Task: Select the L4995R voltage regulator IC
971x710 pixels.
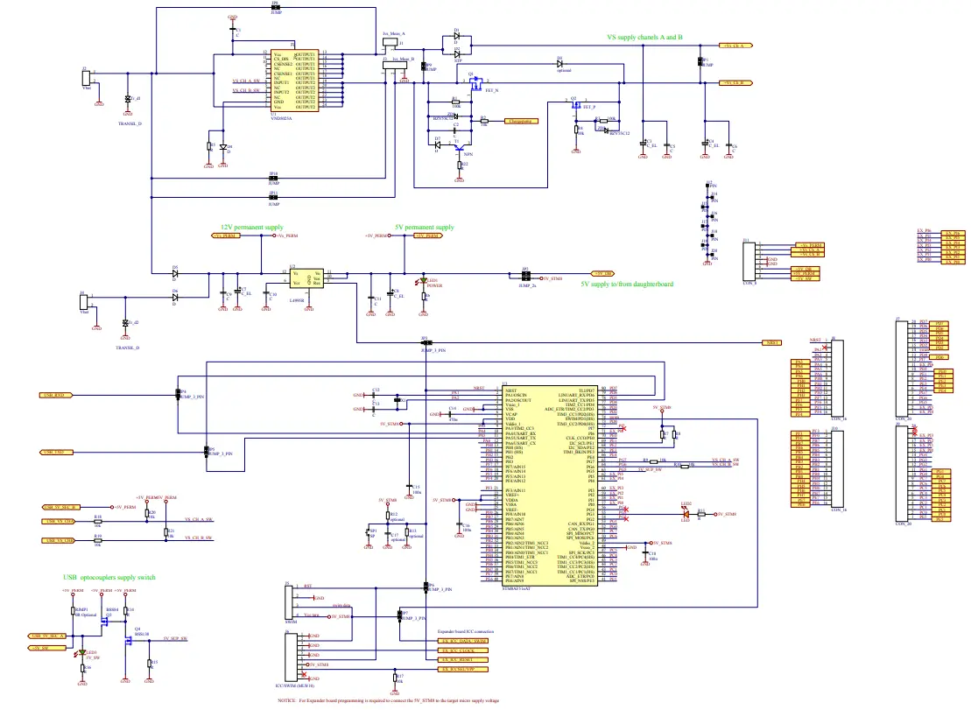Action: (307, 278)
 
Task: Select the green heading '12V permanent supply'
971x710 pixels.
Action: (251, 228)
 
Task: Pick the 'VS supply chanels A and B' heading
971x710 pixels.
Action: (644, 38)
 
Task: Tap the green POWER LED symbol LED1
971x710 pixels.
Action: (425, 280)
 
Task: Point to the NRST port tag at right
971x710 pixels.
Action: (771, 342)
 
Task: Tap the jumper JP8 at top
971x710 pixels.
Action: (276, 8)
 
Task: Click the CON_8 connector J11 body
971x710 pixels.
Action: (751, 261)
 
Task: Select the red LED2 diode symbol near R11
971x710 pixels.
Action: (686, 515)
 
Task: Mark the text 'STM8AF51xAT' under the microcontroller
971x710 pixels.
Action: (517, 590)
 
